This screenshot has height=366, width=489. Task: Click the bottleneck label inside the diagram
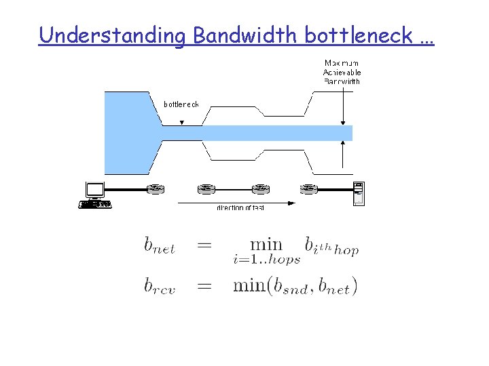click(x=181, y=104)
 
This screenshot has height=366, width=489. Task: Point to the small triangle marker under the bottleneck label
click(x=181, y=123)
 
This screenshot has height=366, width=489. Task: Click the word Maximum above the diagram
click(x=342, y=63)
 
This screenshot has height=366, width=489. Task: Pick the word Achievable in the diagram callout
click(x=342, y=72)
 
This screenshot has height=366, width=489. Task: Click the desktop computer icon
click(x=94, y=195)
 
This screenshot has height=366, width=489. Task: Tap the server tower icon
click(x=358, y=193)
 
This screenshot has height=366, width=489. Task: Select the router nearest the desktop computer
click(x=156, y=188)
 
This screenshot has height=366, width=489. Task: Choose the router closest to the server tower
click(x=309, y=188)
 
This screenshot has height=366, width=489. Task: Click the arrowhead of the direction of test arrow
click(x=292, y=203)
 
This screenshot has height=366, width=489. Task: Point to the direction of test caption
click(x=240, y=207)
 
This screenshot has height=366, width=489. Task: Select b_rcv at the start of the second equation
click(x=160, y=285)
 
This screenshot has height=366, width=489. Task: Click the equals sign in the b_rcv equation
click(x=204, y=285)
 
